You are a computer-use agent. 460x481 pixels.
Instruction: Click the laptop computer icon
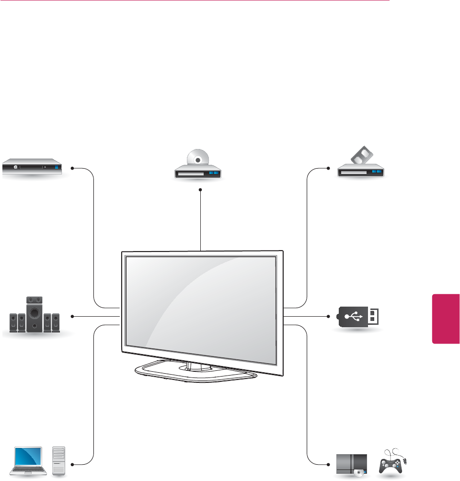(x=30, y=462)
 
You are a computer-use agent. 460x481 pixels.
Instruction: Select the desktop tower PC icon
(x=58, y=462)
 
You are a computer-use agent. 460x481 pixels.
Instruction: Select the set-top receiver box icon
(x=33, y=168)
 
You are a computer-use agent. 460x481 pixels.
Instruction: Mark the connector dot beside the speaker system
(x=72, y=316)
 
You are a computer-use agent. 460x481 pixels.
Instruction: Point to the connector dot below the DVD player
(x=200, y=190)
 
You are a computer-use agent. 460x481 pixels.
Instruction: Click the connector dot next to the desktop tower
(x=72, y=464)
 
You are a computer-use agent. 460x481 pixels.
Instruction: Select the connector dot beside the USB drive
(x=329, y=316)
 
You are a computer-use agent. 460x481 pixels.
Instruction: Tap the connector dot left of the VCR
(x=329, y=168)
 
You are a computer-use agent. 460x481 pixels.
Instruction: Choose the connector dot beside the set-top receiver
(x=72, y=168)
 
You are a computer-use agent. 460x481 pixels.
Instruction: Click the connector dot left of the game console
(x=329, y=464)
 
